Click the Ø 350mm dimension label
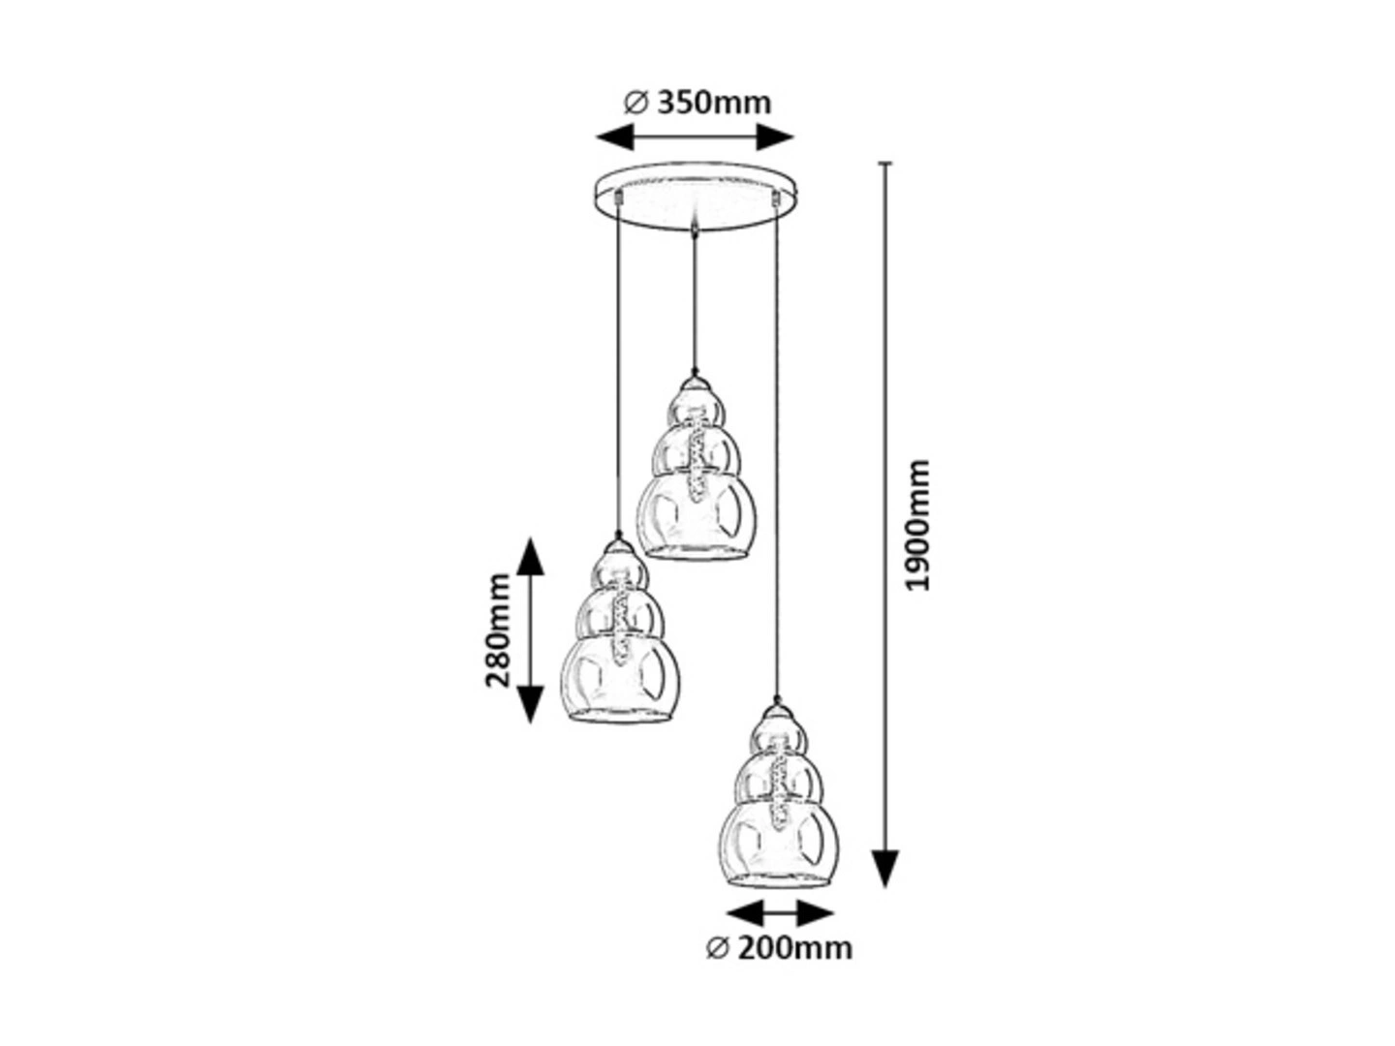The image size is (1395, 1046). [697, 103]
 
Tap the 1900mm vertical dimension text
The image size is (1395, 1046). [915, 524]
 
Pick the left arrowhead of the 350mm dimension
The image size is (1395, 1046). [615, 137]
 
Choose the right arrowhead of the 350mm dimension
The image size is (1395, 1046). [775, 137]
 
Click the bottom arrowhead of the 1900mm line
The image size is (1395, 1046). [885, 868]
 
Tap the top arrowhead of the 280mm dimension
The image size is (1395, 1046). [531, 556]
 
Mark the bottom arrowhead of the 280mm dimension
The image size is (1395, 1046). [531, 704]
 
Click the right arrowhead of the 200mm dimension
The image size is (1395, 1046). [816, 914]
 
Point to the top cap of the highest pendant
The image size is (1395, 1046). [696, 385]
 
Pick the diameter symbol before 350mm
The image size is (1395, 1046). [635, 103]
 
